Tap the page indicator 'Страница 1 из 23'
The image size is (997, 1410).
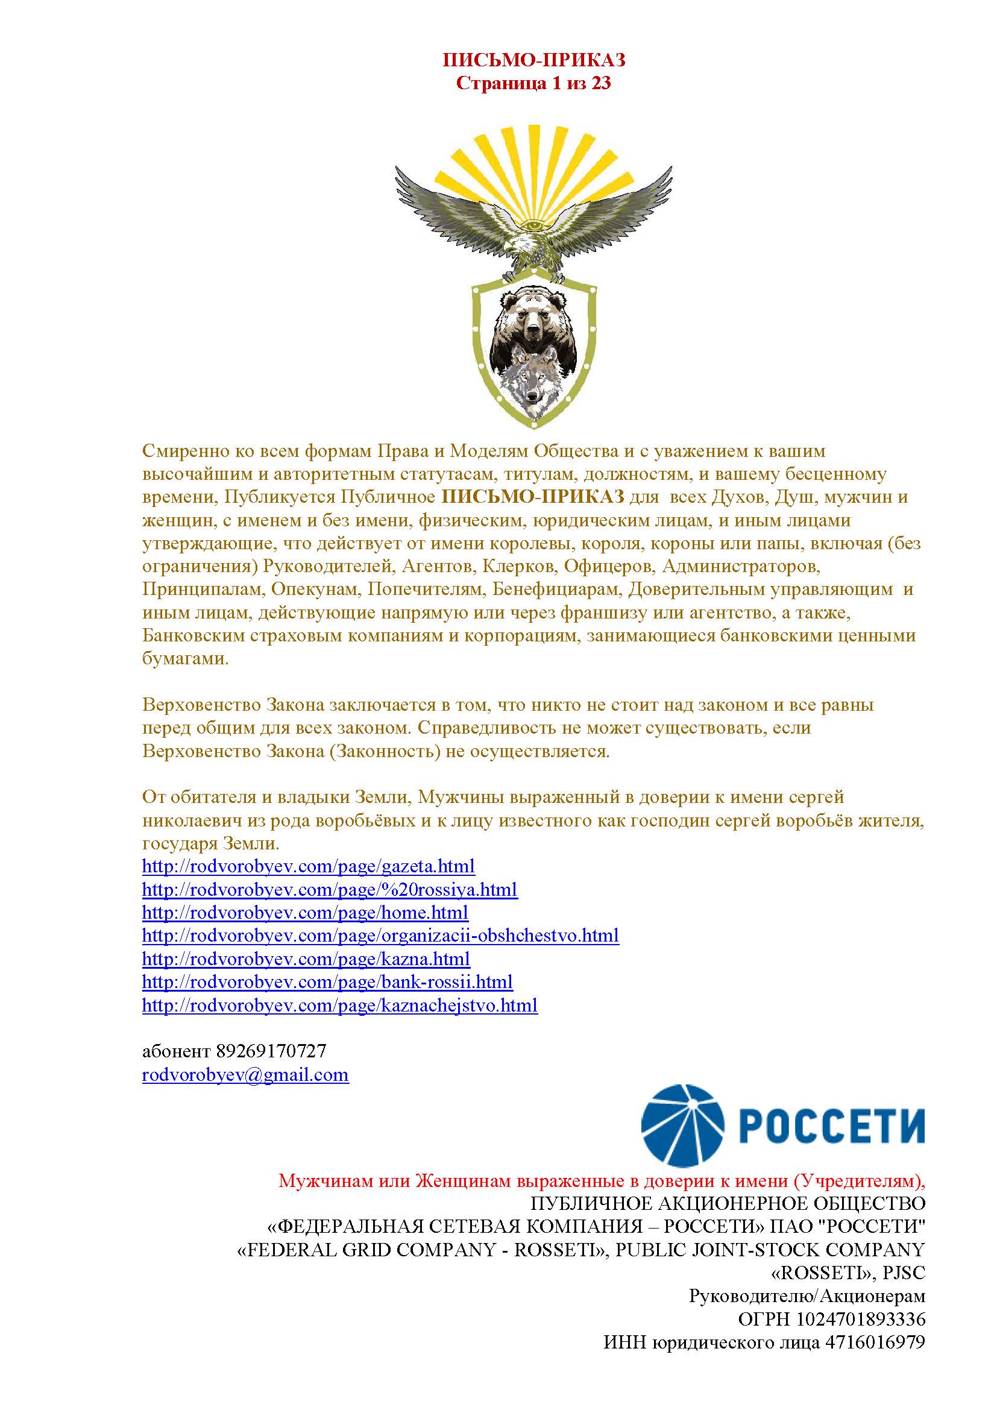click(533, 83)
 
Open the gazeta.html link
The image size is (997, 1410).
click(308, 866)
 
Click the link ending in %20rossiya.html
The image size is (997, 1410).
click(330, 889)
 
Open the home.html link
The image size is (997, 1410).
click(305, 913)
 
